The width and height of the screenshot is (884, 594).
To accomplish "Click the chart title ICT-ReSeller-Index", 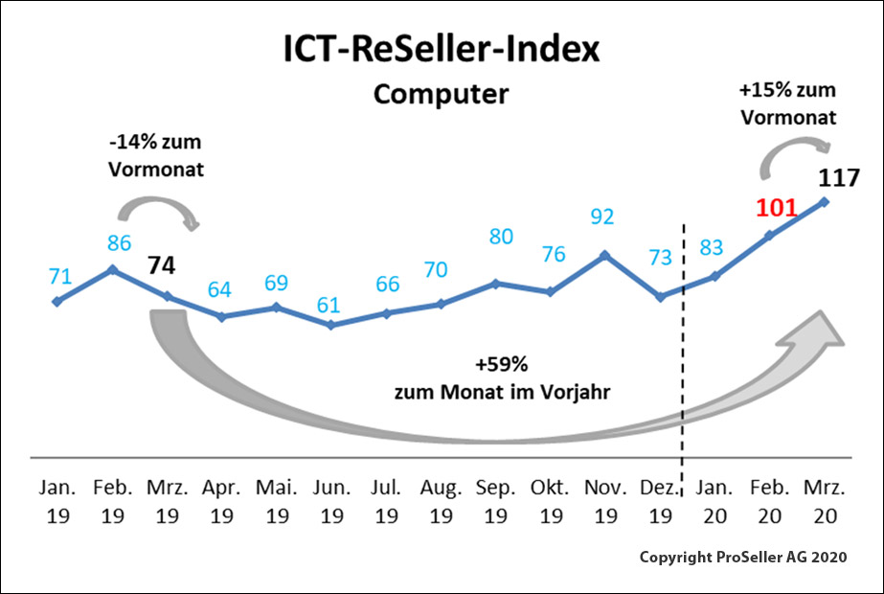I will click(442, 51).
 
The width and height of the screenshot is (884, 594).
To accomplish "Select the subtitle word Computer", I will click(441, 95).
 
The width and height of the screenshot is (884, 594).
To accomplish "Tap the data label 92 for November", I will click(603, 217).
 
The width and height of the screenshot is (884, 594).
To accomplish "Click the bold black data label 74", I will click(163, 265).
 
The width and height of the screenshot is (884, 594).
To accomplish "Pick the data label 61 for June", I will click(329, 305).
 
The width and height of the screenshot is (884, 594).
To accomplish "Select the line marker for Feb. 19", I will click(113, 270).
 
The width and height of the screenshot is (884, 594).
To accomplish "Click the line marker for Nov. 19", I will click(604, 255).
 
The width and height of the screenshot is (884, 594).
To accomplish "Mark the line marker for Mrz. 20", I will click(825, 201).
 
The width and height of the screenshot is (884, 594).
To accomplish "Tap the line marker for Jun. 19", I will click(330, 325).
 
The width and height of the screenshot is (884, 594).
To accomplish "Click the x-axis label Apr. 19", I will click(221, 501).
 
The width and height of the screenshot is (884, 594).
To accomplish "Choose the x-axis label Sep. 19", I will click(495, 501).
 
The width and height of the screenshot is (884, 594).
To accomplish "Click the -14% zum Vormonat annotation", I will click(156, 157).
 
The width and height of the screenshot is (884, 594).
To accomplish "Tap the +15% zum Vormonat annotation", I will click(787, 104).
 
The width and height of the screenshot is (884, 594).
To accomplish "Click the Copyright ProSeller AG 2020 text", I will click(741, 558).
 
